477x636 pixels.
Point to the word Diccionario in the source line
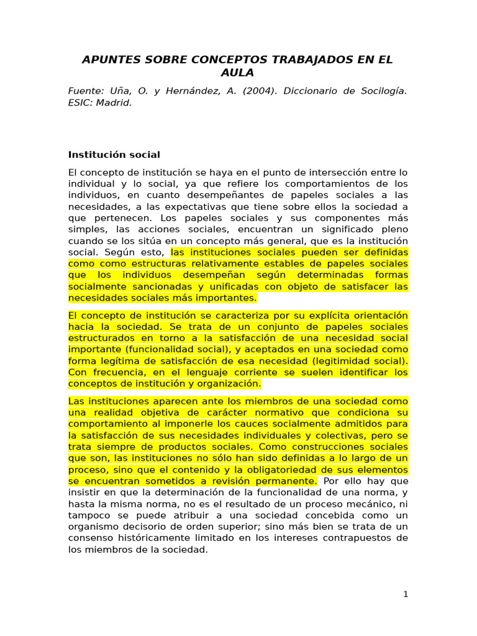(x=308, y=91)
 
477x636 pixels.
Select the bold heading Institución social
(x=114, y=155)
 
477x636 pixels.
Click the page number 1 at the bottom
(x=406, y=594)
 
